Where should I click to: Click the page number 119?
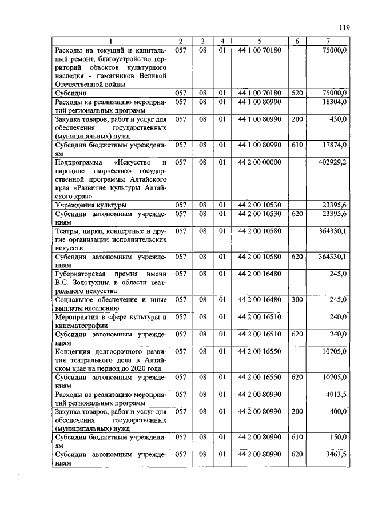(343, 27)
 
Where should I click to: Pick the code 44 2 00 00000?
(260, 162)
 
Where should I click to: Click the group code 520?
(296, 93)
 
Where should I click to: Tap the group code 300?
(296, 299)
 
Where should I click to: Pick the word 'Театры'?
(67, 231)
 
